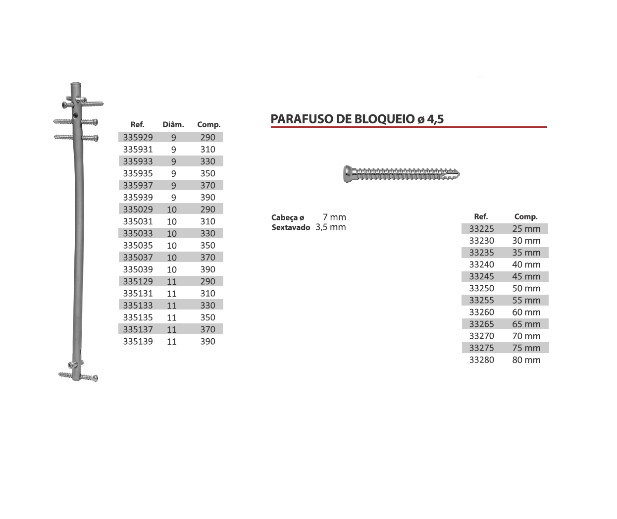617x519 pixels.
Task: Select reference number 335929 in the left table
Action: pos(138,137)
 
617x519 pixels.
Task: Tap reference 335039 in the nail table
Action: pos(138,269)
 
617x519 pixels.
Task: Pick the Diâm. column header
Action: pos(173,125)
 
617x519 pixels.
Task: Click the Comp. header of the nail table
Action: pos(208,125)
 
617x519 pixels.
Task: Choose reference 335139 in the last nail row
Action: pos(138,341)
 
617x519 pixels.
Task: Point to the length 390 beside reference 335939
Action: pos(207,197)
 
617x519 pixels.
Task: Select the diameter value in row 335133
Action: pos(172,306)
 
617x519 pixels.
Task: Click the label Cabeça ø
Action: pos(288,217)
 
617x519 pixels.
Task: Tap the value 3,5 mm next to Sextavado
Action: pos(331,227)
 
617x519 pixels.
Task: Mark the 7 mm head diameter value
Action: pos(334,217)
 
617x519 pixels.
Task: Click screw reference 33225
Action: pos(481,229)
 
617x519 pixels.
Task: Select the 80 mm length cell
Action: pos(526,360)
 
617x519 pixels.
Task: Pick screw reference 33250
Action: pos(481,288)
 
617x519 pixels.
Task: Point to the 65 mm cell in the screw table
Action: pos(526,324)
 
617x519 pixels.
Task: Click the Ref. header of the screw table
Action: pos(481,216)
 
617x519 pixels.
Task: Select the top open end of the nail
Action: pos(75,85)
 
